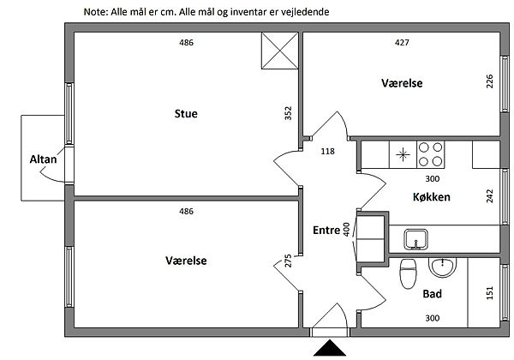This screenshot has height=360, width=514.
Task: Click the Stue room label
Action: (186, 112)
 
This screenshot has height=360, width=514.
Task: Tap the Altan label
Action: (43, 159)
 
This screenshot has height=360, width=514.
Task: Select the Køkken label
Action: (433, 196)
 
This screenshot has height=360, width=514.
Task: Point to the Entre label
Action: (326, 230)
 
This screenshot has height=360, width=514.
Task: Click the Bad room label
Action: (432, 294)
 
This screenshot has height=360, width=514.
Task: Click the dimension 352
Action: (290, 114)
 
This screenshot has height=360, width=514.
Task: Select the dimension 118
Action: (327, 152)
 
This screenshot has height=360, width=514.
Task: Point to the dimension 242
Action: (489, 195)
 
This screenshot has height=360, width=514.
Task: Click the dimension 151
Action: (489, 293)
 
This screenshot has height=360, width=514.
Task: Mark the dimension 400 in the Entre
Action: (347, 229)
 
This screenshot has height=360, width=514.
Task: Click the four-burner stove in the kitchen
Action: (431, 154)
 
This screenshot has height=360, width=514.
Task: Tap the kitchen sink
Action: (418, 237)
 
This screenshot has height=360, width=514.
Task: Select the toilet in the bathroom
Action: (409, 273)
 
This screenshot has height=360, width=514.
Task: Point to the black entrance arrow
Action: (329, 349)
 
